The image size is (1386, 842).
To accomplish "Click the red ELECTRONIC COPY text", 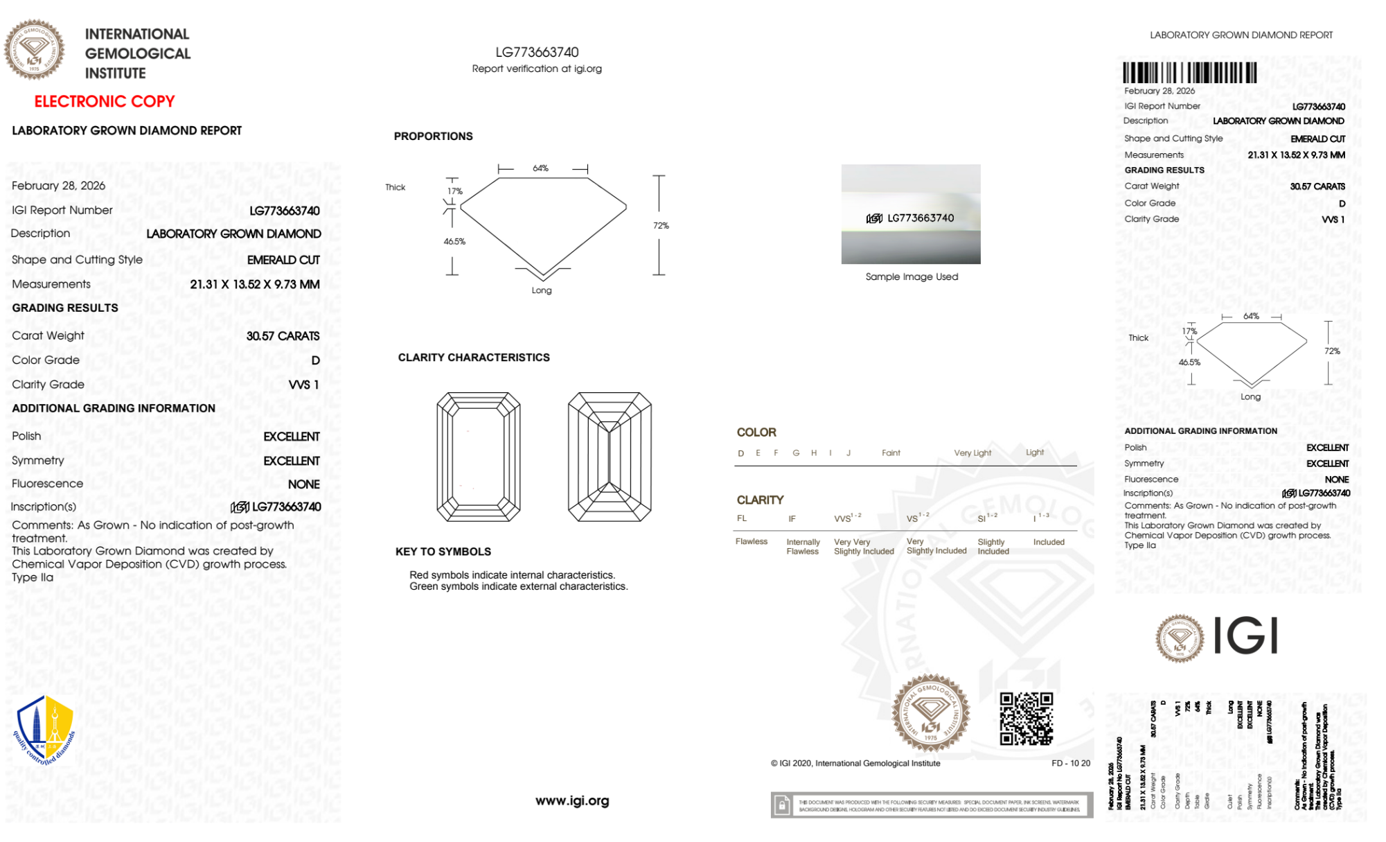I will pyautogui.click(x=105, y=102).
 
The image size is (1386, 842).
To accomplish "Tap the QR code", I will pyautogui.click(x=1026, y=719).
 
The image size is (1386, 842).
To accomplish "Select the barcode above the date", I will pyautogui.click(x=1189, y=73).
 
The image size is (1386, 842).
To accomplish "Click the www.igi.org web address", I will pyautogui.click(x=572, y=800).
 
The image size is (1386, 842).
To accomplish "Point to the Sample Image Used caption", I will pyautogui.click(x=912, y=277).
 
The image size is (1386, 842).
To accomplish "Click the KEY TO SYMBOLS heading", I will pyautogui.click(x=443, y=552).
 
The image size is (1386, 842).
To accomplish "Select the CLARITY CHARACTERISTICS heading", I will pyautogui.click(x=474, y=358).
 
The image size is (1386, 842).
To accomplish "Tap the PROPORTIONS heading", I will pyautogui.click(x=434, y=137).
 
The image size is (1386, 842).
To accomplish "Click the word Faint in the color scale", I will pyautogui.click(x=891, y=453).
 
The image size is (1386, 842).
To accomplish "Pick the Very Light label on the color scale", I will pyautogui.click(x=972, y=453).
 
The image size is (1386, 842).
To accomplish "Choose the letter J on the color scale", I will pyautogui.click(x=849, y=453).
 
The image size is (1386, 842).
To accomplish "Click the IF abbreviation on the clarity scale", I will pyautogui.click(x=792, y=518).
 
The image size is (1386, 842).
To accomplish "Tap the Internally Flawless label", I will pyautogui.click(x=803, y=547).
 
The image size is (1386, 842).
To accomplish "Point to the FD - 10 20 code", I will pyautogui.click(x=1070, y=763).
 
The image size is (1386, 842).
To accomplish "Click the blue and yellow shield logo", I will pyautogui.click(x=44, y=730).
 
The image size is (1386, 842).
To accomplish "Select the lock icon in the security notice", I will pyautogui.click(x=782, y=805).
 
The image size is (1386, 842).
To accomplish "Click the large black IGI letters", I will pyautogui.click(x=1246, y=635).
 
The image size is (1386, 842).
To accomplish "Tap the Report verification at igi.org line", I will pyautogui.click(x=537, y=69).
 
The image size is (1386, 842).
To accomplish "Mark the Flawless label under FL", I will pyautogui.click(x=752, y=541).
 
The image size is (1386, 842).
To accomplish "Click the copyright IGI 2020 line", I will pyautogui.click(x=855, y=763).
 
